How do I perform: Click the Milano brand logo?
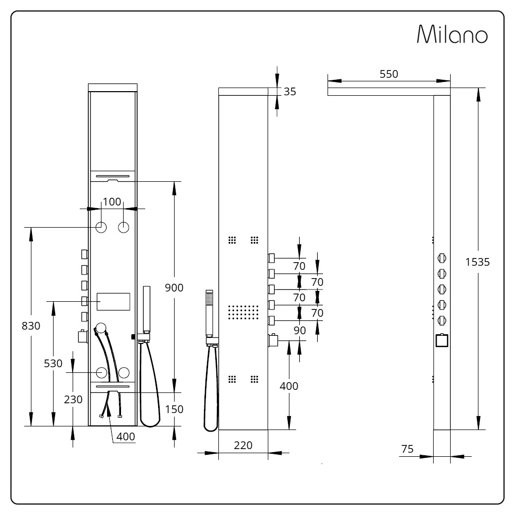452,34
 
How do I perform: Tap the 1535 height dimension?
477,262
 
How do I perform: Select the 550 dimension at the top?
389,74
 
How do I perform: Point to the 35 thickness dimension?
289,92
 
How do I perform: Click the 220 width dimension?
243,445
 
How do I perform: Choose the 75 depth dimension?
407,449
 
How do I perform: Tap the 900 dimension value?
174,288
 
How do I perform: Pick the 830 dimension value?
31,326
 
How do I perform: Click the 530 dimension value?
53,364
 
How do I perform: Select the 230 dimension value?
73,400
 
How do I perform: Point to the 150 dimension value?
174,409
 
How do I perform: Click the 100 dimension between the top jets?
112,202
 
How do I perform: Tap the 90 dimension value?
300,331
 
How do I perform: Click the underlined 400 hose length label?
126,437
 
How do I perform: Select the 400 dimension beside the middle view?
289,386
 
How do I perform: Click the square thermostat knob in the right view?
442,340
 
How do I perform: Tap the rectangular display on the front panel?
113,301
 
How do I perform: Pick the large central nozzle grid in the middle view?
244,313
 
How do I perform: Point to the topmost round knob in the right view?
442,258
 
